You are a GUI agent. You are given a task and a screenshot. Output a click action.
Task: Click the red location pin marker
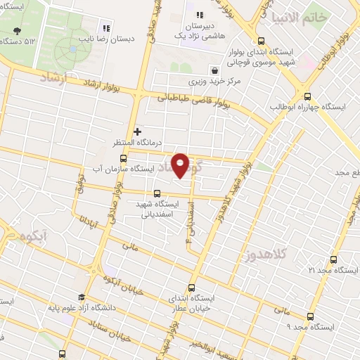(181, 165)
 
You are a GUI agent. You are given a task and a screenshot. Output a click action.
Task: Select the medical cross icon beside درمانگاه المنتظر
(137, 131)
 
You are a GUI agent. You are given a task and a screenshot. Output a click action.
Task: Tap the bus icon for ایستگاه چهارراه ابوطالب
(307, 95)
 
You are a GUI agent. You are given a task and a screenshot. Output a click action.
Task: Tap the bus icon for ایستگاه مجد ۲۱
(333, 259)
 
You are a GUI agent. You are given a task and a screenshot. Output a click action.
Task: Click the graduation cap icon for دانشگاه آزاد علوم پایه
(82, 297)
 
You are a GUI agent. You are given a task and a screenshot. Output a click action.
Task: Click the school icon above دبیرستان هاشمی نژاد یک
(200, 15)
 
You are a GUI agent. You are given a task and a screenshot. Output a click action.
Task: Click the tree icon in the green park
(16, 31)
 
